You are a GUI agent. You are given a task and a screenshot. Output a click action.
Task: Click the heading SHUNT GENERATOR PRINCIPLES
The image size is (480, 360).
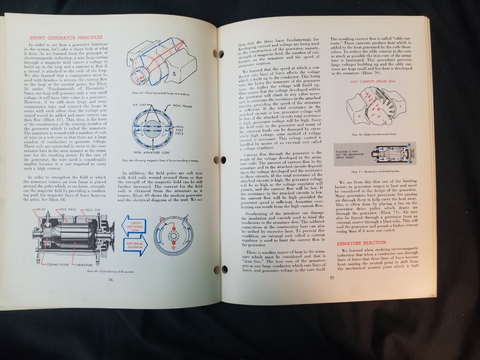click(x=66, y=38)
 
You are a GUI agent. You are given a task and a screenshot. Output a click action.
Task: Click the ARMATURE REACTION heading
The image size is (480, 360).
click(x=361, y=243)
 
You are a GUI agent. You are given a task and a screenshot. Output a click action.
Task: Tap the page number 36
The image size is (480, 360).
click(x=110, y=279)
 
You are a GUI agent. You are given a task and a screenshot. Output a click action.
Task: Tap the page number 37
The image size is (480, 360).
click(x=332, y=278)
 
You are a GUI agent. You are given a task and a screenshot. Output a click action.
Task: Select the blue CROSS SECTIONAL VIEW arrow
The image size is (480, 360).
click(x=134, y=225)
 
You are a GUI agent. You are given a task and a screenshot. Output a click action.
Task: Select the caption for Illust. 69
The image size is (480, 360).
click(x=111, y=272)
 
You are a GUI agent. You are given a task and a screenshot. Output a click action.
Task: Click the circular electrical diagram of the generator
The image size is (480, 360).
click(x=174, y=235)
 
